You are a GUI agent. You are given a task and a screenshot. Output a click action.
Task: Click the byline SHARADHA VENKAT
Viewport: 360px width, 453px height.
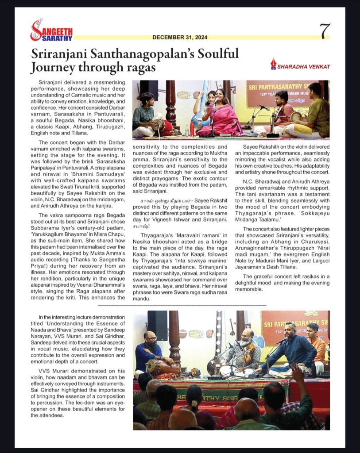pyautogui.click(x=304, y=66)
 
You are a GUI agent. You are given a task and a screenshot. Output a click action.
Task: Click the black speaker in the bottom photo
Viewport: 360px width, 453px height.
pyautogui.click(x=157, y=325)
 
